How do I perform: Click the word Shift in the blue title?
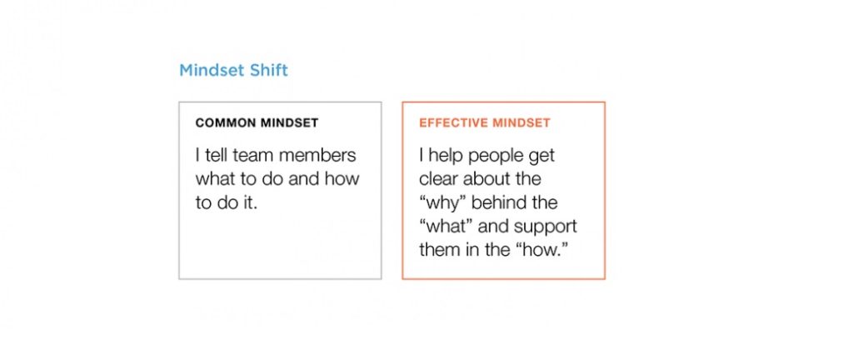267,70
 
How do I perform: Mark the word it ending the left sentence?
250,202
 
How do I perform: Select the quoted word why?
442,203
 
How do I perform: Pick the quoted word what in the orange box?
446,226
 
